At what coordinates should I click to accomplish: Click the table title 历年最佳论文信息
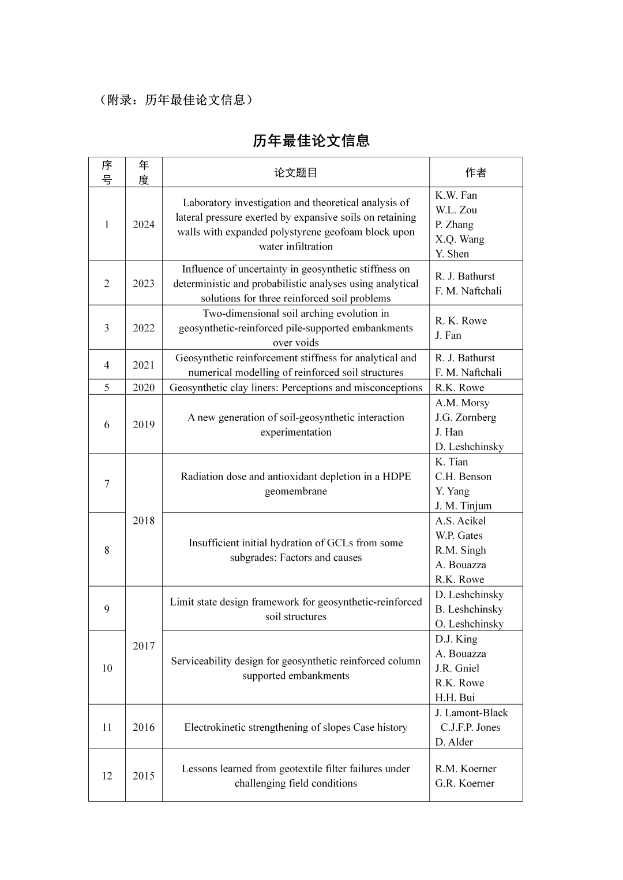[x=311, y=141]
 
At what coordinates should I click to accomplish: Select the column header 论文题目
[x=295, y=172]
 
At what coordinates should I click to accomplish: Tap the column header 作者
[x=476, y=172]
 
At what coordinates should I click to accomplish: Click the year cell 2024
[x=144, y=224]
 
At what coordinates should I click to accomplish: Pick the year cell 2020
[x=144, y=387]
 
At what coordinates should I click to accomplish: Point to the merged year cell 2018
[x=144, y=520]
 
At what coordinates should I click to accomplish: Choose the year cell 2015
[x=144, y=776]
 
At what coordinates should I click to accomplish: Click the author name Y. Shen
[x=452, y=254]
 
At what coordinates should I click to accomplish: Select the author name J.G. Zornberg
[x=466, y=417]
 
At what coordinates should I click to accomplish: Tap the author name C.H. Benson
[x=463, y=476]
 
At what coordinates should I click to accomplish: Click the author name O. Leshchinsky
[x=469, y=624]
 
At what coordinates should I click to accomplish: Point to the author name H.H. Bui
[x=455, y=697]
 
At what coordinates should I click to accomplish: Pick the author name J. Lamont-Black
[x=471, y=712]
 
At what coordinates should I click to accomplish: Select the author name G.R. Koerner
[x=465, y=783]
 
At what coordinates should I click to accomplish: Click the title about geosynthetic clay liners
[x=295, y=387]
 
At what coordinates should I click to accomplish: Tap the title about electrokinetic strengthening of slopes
[x=295, y=727]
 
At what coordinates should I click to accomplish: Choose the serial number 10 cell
[x=107, y=668]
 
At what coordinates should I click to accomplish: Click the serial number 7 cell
[x=107, y=484]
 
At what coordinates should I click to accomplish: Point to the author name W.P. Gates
[x=459, y=535]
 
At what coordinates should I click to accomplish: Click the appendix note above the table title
[x=176, y=100]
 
